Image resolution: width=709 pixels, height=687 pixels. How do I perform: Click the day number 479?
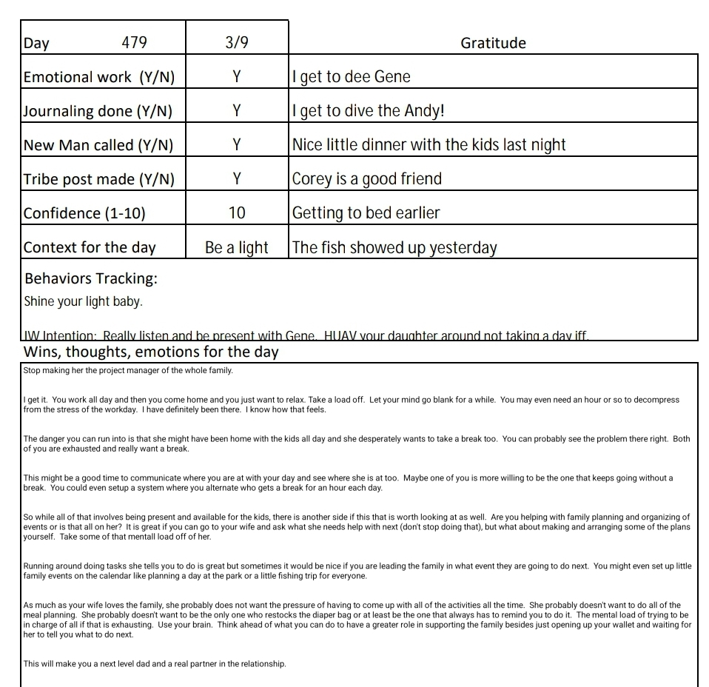(134, 43)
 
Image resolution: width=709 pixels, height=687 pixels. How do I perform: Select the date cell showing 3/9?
(236, 43)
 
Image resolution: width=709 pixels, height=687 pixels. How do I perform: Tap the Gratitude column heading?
(493, 43)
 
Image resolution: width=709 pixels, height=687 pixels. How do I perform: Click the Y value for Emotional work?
(236, 77)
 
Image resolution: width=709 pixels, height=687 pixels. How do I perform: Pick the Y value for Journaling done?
(236, 111)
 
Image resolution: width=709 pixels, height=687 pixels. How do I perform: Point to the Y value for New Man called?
(236, 145)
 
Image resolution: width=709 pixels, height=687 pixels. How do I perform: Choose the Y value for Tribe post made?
(236, 179)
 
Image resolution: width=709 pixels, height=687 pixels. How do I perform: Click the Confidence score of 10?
(236, 213)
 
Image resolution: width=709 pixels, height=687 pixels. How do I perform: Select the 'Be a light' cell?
(236, 247)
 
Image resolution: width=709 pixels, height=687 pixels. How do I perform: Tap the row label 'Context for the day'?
(90, 247)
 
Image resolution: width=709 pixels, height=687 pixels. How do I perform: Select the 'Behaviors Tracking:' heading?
(91, 279)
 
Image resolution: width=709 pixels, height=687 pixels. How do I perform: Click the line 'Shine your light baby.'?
(83, 302)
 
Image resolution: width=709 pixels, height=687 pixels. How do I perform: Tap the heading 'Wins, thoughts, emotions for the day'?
(151, 352)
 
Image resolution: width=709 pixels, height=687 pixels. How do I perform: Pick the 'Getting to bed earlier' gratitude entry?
(366, 213)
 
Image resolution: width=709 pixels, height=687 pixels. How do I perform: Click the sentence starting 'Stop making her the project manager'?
(128, 370)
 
